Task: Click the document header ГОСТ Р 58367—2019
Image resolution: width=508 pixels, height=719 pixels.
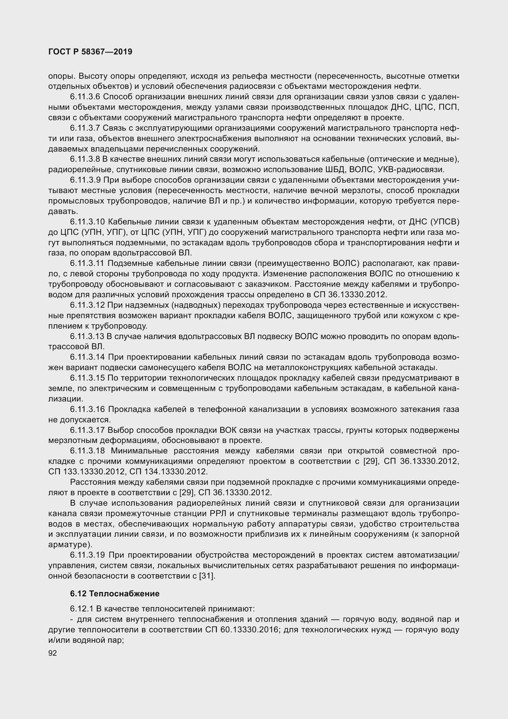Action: [90, 52]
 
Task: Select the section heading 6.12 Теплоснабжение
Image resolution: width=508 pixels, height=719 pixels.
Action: [115, 593]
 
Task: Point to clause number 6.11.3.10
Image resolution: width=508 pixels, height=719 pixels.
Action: [87, 222]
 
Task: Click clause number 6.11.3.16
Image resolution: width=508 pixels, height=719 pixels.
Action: [87, 409]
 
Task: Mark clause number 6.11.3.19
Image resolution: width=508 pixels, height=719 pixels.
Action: [87, 555]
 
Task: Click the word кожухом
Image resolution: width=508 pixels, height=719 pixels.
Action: [414, 316]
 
